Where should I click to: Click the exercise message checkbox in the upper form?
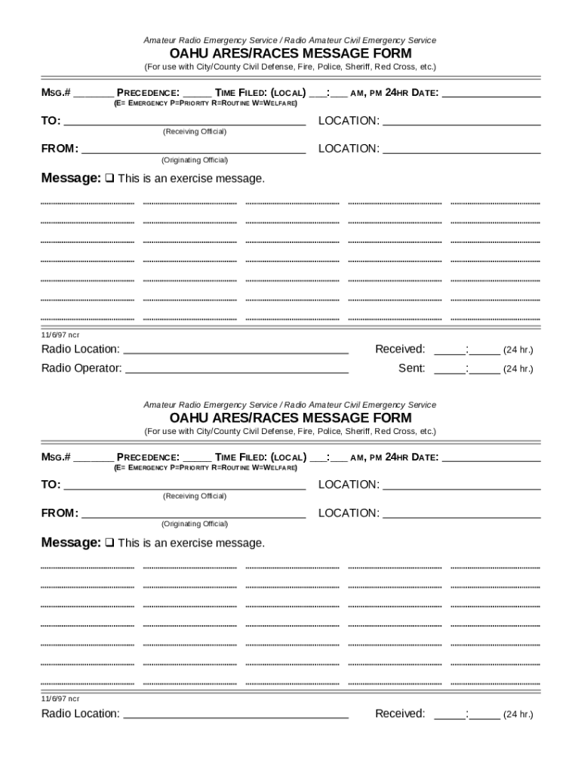109,179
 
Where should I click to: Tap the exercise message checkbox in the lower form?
109,544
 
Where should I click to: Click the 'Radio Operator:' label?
81,368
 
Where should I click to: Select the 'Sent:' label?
412,368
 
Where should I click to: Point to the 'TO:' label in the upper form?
51,121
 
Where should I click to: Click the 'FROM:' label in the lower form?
60,513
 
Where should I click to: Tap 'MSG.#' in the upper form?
56,94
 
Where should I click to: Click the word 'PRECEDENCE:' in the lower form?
148,457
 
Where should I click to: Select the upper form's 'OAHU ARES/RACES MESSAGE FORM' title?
290,54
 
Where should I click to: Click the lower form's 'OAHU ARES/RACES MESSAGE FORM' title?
290,418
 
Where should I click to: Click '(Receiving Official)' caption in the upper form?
195,132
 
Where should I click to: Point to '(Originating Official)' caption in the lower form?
195,524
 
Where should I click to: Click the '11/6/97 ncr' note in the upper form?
60,334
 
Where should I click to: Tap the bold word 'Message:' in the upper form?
71,179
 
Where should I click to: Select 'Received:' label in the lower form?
400,713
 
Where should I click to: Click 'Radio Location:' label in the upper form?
80,349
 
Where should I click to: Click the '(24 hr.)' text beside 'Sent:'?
518,369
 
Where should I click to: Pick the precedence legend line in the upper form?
205,103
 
